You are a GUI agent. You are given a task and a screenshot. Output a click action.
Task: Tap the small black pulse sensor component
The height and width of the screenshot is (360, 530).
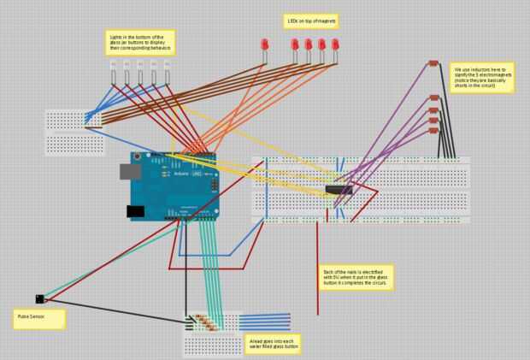pyautogui.click(x=40, y=298)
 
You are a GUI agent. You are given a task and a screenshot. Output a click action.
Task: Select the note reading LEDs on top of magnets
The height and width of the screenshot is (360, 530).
pyautogui.click(x=310, y=20)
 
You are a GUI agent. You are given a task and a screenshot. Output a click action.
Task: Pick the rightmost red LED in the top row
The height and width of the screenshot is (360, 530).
pyautogui.click(x=336, y=44)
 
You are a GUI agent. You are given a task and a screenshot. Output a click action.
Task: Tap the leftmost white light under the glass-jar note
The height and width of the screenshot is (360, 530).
pyautogui.click(x=113, y=65)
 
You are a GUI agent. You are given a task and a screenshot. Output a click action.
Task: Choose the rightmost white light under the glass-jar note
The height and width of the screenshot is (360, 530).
pyautogui.click(x=168, y=65)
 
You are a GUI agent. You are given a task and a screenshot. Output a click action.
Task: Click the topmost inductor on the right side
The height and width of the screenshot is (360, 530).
pyautogui.click(x=433, y=65)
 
